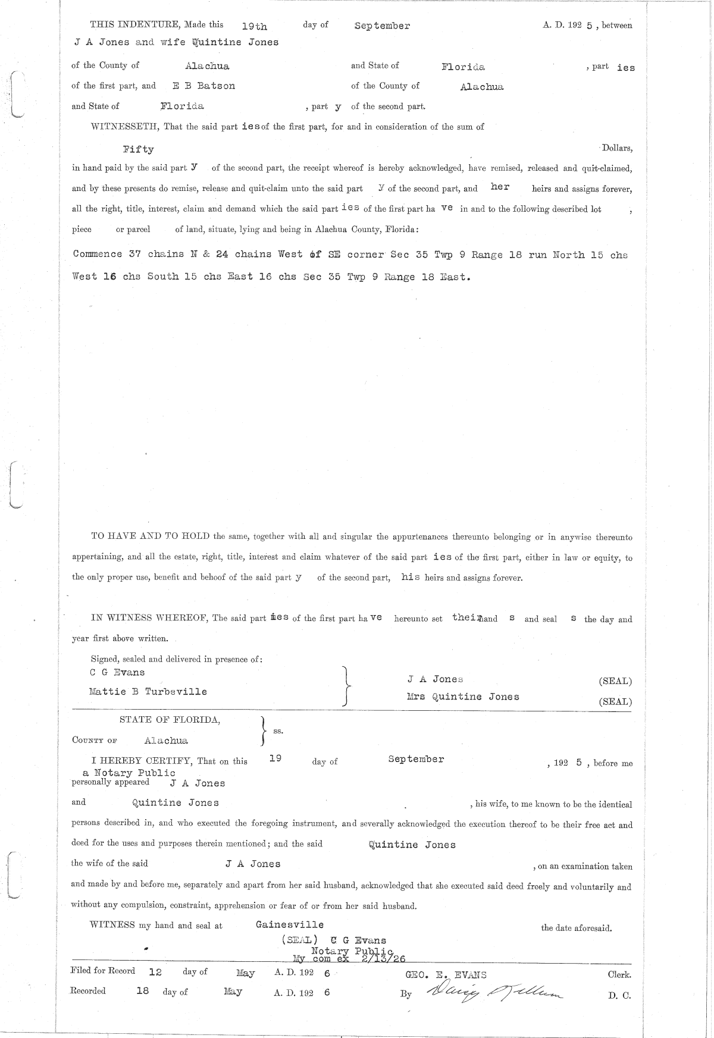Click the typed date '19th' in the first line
coord(255,26)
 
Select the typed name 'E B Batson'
coord(204,86)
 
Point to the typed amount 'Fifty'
coord(138,149)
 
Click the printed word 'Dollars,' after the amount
coord(616,148)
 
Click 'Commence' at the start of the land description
coord(98,255)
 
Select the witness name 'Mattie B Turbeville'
coord(148,692)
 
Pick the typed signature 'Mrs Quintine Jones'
coord(463,697)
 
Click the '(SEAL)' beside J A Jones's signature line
coord(615,682)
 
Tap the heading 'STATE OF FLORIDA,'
coord(170,720)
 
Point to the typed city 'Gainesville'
coord(290,924)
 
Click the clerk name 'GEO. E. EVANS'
coord(446,974)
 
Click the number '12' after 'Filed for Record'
coord(155,971)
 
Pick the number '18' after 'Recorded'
coord(142,991)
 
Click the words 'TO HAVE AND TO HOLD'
coord(150,536)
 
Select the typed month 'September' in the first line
coord(382,26)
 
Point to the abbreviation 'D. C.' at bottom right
coord(619,995)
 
